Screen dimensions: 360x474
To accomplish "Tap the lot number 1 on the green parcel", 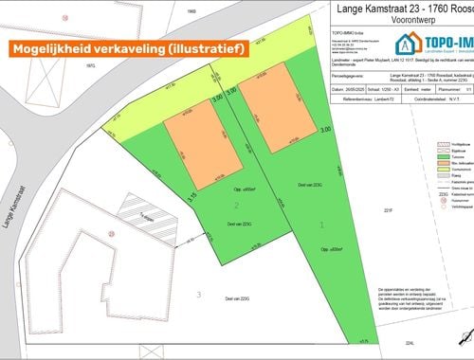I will click(322, 225).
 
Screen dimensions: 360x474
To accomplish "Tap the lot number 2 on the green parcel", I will click(236, 205).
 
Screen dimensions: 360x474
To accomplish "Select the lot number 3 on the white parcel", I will click(199, 295).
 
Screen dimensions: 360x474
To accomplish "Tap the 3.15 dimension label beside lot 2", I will click(191, 199).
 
